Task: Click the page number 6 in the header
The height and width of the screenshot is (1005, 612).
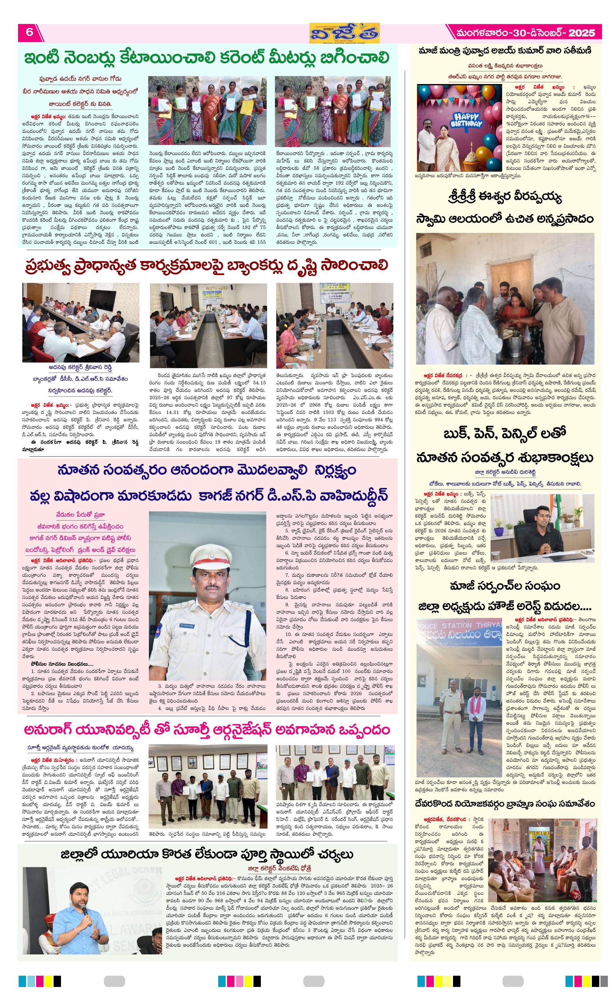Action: coord(29,32)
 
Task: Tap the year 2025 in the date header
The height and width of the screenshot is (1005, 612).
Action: coord(582,33)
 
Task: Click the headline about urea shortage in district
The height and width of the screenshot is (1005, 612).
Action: coord(207,854)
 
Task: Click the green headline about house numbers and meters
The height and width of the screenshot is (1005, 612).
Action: coord(207,57)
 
